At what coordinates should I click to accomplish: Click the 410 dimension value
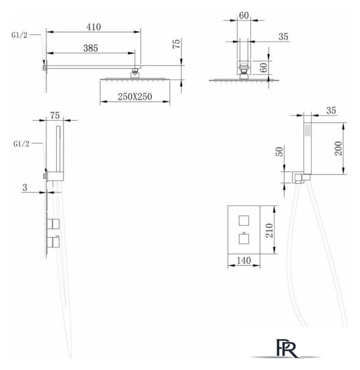point(94,27)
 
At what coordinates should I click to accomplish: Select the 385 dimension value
point(91,48)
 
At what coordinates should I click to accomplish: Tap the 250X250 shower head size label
point(135,97)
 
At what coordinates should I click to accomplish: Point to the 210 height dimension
point(269,230)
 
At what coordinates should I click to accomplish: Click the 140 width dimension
point(244,261)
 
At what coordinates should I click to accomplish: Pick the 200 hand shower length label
point(338,148)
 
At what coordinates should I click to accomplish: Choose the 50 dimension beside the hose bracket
point(279,151)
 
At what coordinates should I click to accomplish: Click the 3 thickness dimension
point(25,187)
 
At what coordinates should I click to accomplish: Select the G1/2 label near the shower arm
point(19,35)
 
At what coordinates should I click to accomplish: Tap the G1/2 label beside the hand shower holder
point(21,143)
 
